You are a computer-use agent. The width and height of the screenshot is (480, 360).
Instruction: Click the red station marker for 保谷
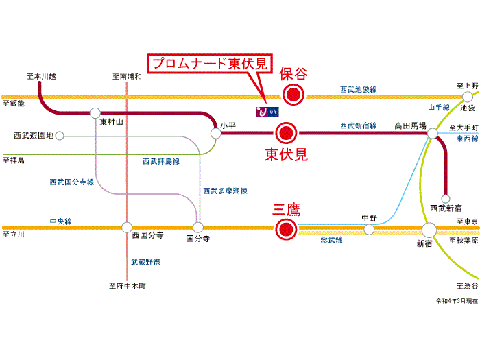tap(294, 96)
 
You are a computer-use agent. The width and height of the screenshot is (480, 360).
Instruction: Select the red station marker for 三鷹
tap(285, 229)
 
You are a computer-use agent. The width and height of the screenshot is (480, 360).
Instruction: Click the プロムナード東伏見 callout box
tap(211, 63)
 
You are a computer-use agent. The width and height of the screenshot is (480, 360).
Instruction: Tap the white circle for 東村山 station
tap(95, 112)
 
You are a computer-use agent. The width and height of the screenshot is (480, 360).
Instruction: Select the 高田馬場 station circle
tap(433, 133)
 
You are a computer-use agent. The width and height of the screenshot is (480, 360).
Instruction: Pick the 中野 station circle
tap(369, 229)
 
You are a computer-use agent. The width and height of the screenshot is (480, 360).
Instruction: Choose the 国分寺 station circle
tap(198, 227)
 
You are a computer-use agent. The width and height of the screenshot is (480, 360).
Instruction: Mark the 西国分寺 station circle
tap(127, 227)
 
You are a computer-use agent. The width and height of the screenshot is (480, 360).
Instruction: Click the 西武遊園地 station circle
tap(60, 136)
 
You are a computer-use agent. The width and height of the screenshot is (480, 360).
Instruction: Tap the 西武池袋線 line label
tap(359, 90)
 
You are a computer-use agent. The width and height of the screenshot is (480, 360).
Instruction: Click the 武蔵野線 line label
tap(145, 262)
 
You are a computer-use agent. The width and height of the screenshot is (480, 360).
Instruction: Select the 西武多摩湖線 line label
tap(225, 191)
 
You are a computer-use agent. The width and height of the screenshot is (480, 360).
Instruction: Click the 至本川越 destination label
tap(41, 76)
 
